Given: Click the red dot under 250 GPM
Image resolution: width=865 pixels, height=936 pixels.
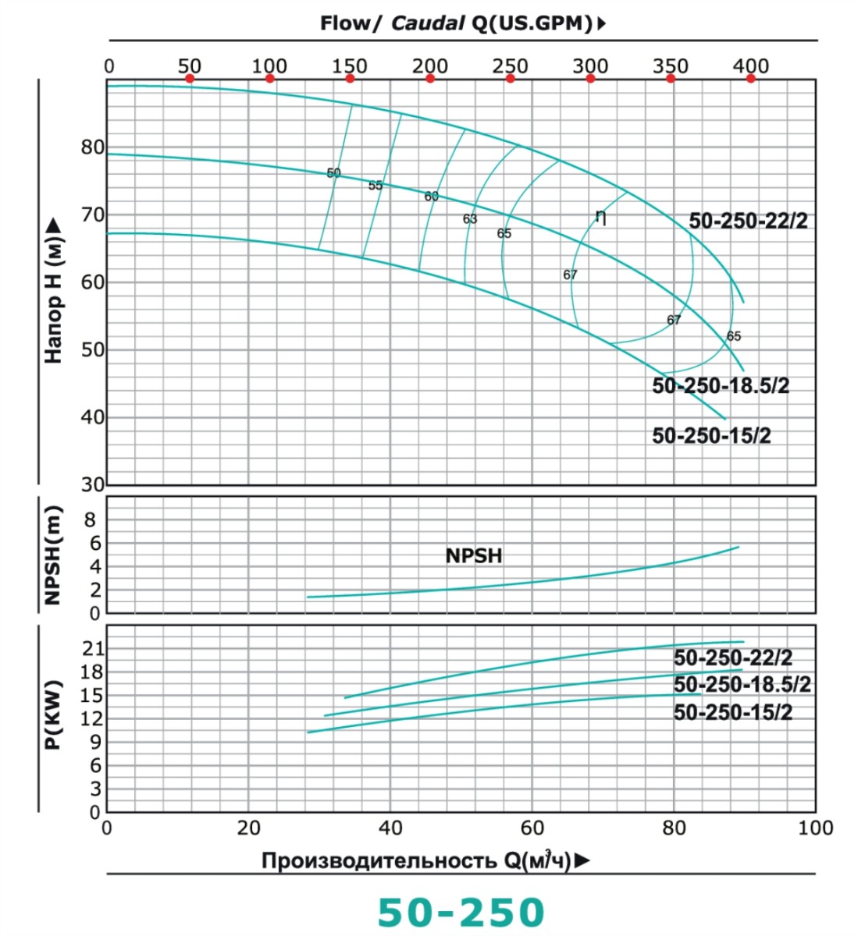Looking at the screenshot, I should tap(511, 79).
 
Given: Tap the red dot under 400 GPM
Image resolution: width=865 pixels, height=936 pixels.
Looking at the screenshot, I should tap(751, 79).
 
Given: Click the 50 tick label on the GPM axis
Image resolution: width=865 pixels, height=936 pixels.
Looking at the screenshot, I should tap(189, 66).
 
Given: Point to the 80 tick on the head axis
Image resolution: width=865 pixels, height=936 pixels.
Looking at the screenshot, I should tap(92, 147).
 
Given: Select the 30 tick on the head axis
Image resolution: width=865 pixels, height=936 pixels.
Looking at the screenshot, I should tap(92, 484).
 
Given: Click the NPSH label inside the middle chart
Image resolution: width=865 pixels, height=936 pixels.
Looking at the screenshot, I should tap(474, 556).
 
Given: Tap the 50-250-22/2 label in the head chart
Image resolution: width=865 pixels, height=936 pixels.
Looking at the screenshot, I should tap(748, 222).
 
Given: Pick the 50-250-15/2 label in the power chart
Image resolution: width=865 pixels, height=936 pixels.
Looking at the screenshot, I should tap(732, 712).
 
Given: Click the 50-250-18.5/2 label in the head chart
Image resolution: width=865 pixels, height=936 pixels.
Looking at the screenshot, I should tap(721, 386).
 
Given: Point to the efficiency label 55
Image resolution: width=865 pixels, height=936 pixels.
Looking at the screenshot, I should tap(376, 186).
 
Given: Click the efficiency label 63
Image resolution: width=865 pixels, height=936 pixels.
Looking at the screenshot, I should tap(469, 219).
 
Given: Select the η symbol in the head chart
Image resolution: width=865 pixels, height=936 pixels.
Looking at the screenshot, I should tap(600, 216).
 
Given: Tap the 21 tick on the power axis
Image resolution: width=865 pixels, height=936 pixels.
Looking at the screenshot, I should tap(93, 649).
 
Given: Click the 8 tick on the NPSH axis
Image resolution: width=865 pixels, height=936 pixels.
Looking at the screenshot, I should tap(93, 519).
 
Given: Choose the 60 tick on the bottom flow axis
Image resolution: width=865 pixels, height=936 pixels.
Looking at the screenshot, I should tap(532, 828).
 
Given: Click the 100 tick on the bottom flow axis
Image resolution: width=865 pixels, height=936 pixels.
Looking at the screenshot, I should tap(815, 828).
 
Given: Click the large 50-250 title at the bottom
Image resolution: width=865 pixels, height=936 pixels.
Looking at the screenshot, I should tap(461, 912).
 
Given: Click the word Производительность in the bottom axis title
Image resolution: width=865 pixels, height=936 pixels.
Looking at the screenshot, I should tap(379, 861).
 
